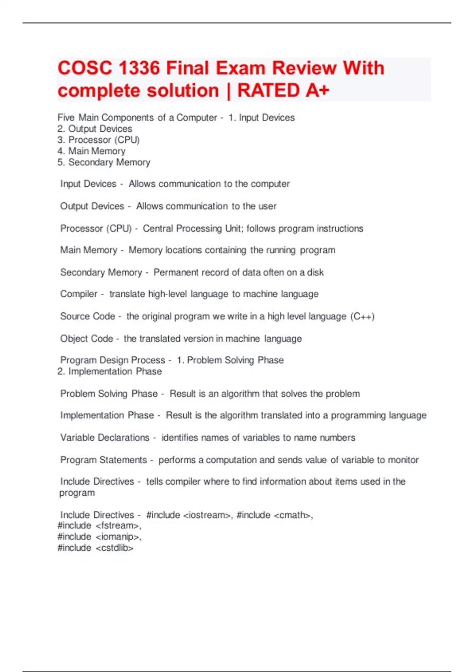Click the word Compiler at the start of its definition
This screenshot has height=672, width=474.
pyautogui.click(x=79, y=294)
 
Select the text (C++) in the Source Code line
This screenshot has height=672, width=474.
pyautogui.click(x=362, y=317)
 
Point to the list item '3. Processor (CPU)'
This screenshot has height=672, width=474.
pyautogui.click(x=98, y=140)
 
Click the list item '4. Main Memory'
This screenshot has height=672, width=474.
pyautogui.click(x=91, y=151)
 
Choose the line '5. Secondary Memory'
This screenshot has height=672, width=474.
pyautogui.click(x=104, y=162)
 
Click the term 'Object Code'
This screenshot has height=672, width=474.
pyautogui.click(x=87, y=339)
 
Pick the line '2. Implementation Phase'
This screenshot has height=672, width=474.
pyautogui.click(x=109, y=372)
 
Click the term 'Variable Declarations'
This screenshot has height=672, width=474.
pyautogui.click(x=105, y=438)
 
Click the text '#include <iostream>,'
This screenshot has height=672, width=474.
pyautogui.click(x=190, y=515)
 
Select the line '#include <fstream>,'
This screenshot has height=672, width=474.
pyautogui.click(x=100, y=526)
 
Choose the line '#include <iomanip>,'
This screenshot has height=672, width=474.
pyautogui.click(x=100, y=537)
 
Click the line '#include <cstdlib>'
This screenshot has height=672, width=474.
pyautogui.click(x=96, y=548)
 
